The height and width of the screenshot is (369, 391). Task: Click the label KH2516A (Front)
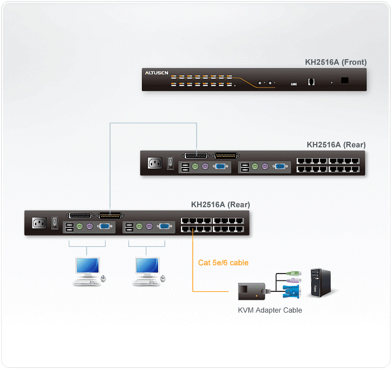coord(336,63)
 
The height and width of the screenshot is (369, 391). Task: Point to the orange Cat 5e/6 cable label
coord(223,262)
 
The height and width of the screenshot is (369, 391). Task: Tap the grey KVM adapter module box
coord(250,291)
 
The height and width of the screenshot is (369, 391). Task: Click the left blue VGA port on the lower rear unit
coord(104,227)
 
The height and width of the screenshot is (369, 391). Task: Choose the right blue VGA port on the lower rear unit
coord(164,227)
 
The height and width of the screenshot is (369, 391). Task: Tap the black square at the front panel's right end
coord(345,80)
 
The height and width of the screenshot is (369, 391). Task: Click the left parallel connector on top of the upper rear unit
coord(195,156)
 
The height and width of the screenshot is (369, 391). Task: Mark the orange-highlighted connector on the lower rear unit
coord(110,215)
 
